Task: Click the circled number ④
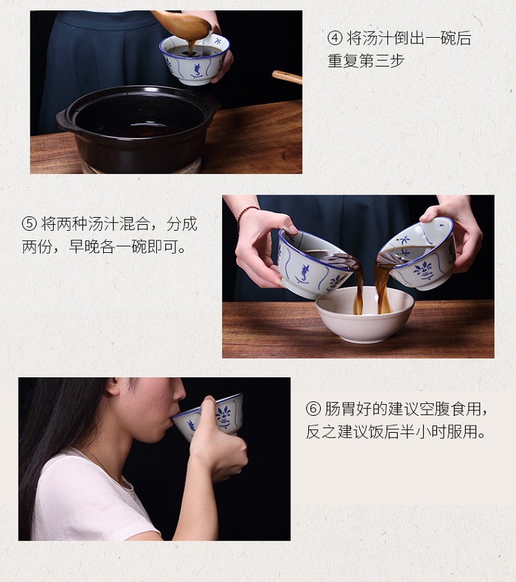(x=334, y=38)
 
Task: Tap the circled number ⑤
(x=29, y=224)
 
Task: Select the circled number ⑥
(x=313, y=409)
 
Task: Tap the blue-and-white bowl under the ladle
(x=194, y=59)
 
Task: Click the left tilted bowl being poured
(x=314, y=264)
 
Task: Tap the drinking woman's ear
(x=114, y=386)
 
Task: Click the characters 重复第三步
(x=366, y=61)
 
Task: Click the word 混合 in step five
(x=135, y=224)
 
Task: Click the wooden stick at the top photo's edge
(x=287, y=76)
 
